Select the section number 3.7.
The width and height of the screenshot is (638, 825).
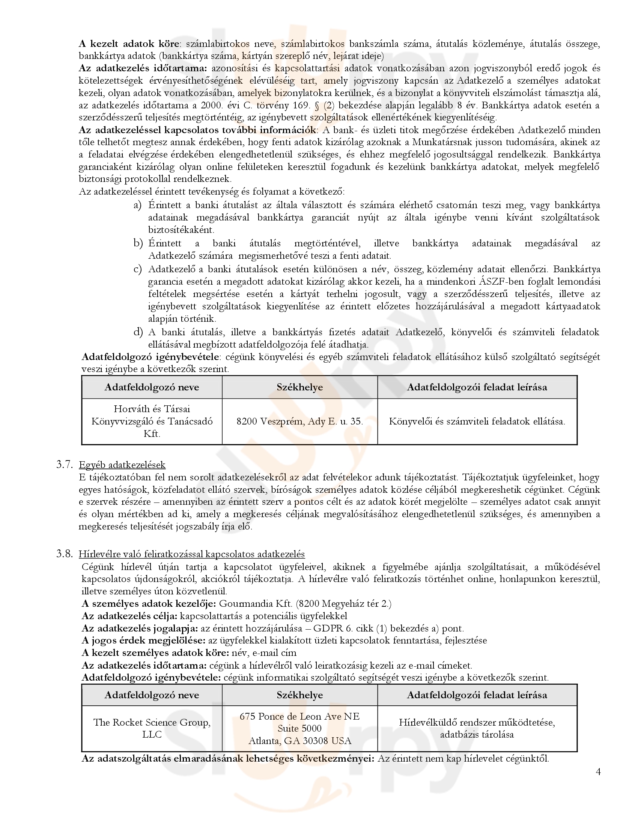click(64, 465)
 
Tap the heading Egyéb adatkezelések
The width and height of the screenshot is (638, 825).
click(122, 465)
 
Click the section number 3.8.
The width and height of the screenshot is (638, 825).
click(64, 554)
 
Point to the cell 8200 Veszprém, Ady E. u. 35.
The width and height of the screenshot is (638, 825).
click(300, 421)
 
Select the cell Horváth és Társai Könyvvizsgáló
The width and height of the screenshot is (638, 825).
click(152, 421)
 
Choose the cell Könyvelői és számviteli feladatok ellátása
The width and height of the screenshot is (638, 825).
click(477, 421)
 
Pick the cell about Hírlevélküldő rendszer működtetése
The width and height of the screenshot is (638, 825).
click(477, 728)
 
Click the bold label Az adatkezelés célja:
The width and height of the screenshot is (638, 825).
click(129, 616)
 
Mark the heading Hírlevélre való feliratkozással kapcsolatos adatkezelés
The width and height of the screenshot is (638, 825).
click(192, 554)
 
